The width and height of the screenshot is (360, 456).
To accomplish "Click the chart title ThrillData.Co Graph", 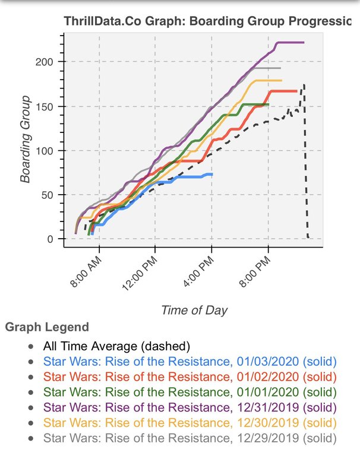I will click(207, 22).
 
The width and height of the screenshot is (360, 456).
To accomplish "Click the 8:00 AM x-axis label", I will click(87, 268).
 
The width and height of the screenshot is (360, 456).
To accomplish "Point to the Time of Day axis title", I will click(194, 310).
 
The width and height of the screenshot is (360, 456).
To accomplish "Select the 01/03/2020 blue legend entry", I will click(190, 361).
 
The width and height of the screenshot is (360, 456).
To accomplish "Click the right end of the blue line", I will click(211, 174).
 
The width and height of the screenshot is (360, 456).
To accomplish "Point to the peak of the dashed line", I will click(304, 85).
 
